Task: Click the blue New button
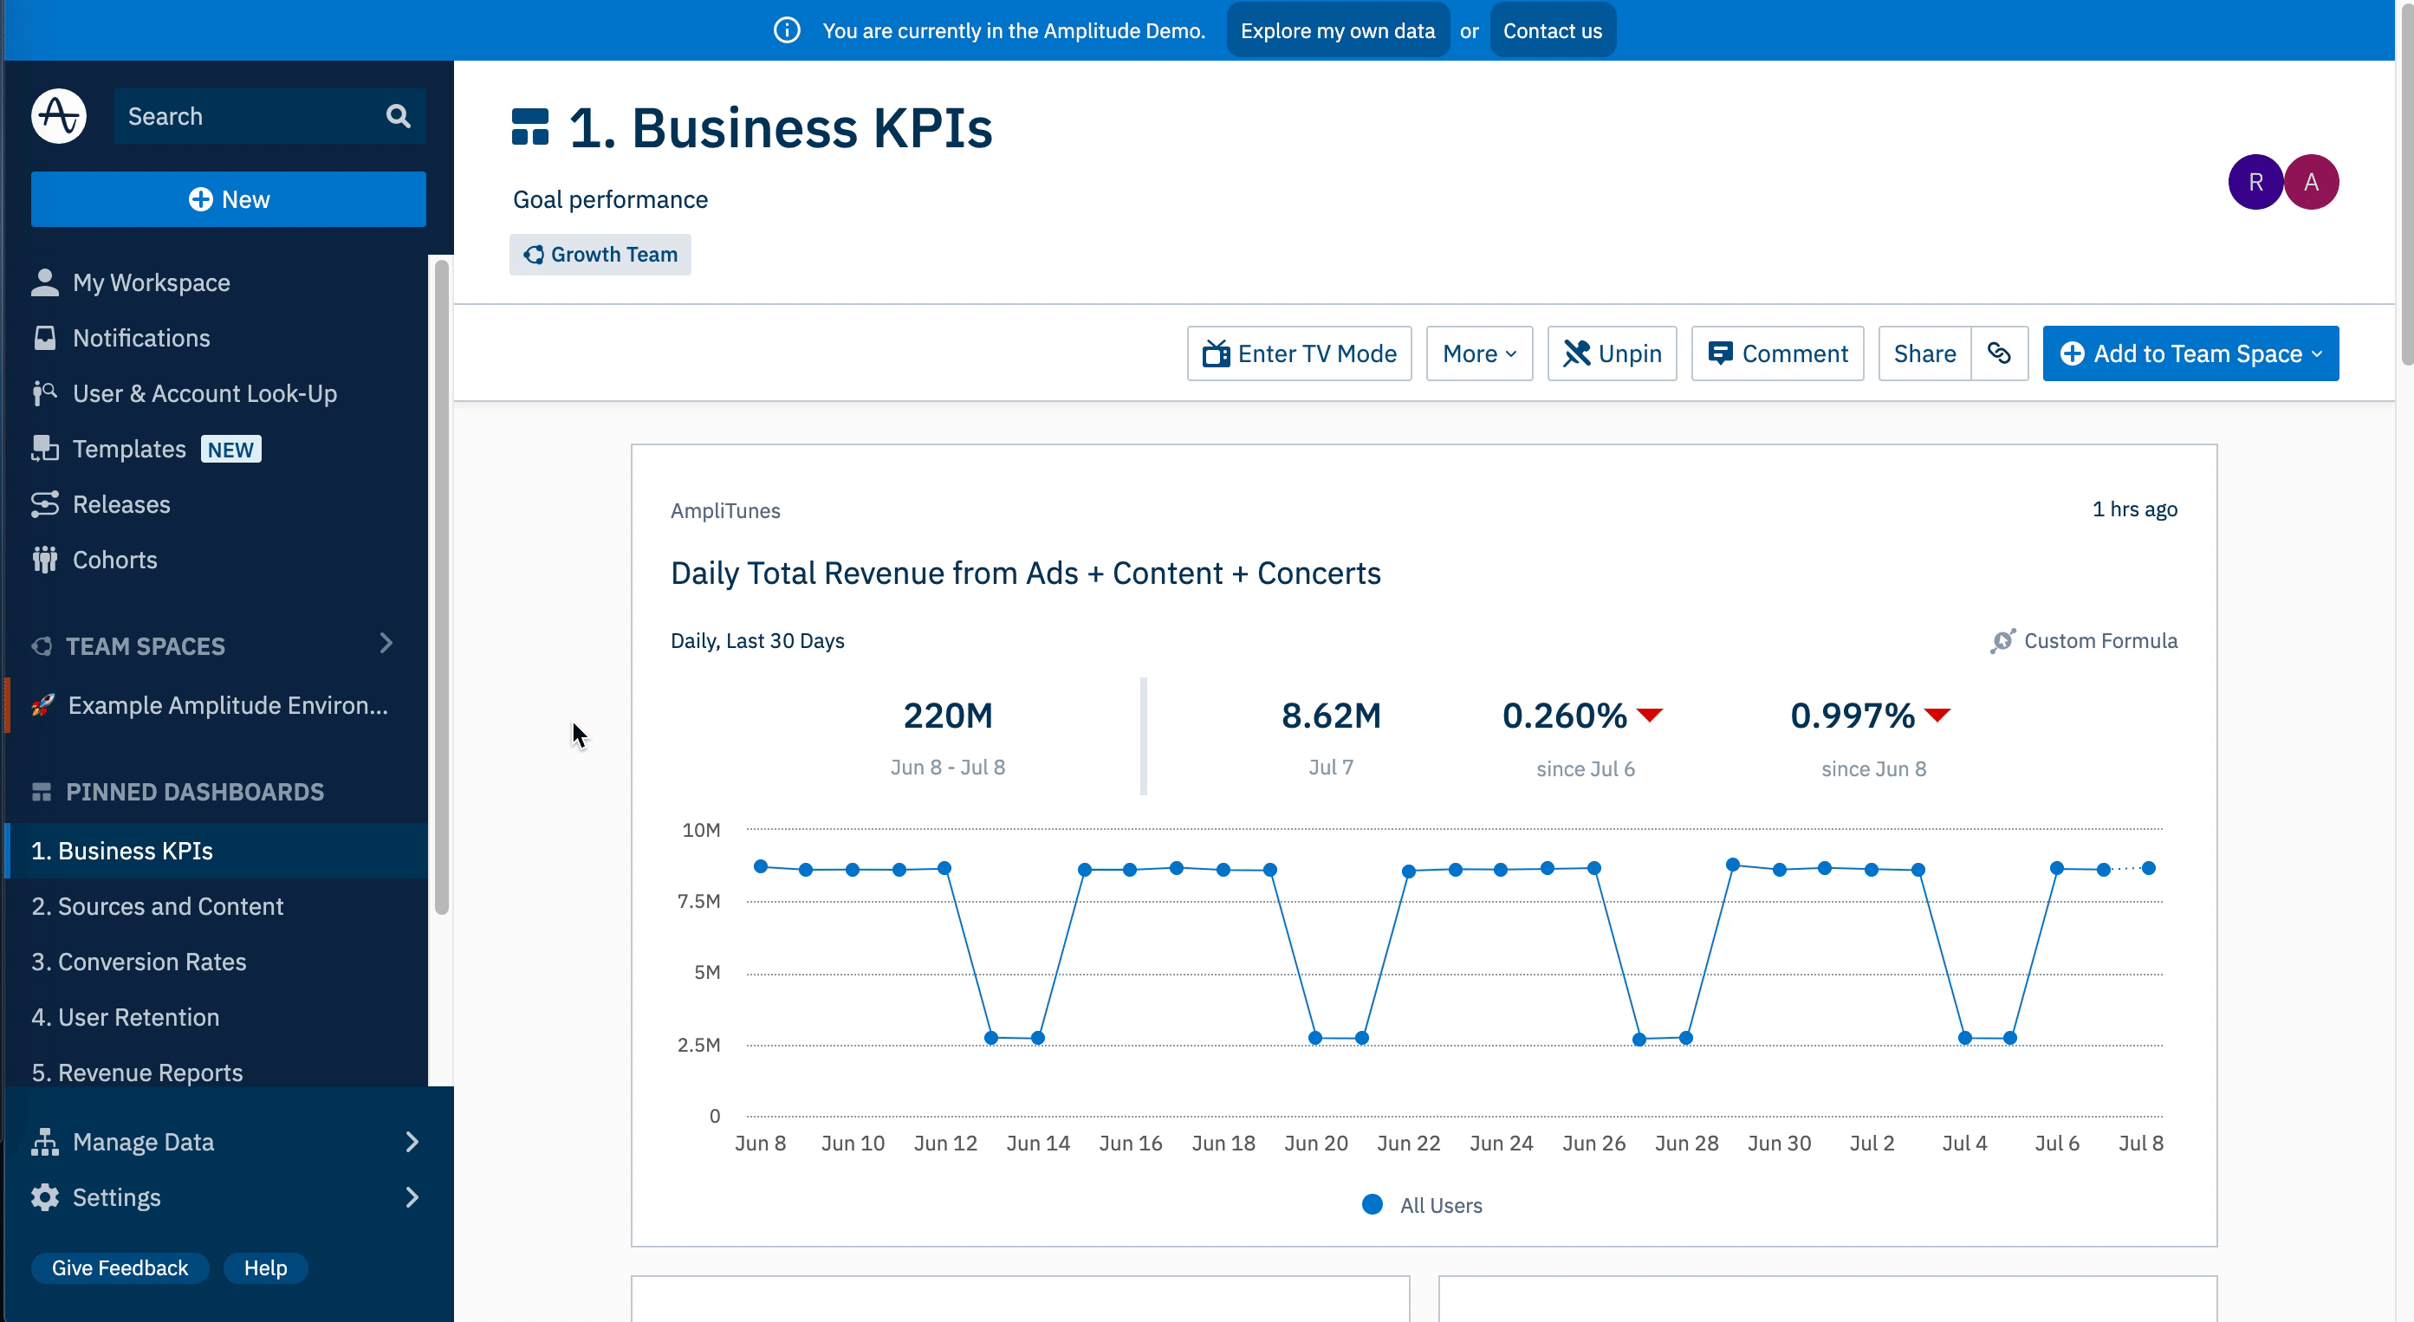228,199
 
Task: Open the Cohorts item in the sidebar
114,560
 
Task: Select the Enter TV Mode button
1299,353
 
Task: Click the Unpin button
1612,353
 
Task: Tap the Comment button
1777,353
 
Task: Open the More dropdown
1479,353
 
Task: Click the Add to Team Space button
2190,353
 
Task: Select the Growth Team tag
600,255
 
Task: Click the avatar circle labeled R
2255,182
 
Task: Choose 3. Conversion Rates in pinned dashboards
139,962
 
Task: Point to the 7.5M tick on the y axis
699,901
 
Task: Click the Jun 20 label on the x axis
1315,1143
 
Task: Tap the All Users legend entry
1423,1205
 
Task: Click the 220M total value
947,716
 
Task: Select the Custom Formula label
2099,641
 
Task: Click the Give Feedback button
120,1267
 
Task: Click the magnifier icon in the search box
399,116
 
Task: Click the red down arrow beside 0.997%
1937,716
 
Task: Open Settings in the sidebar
116,1197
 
